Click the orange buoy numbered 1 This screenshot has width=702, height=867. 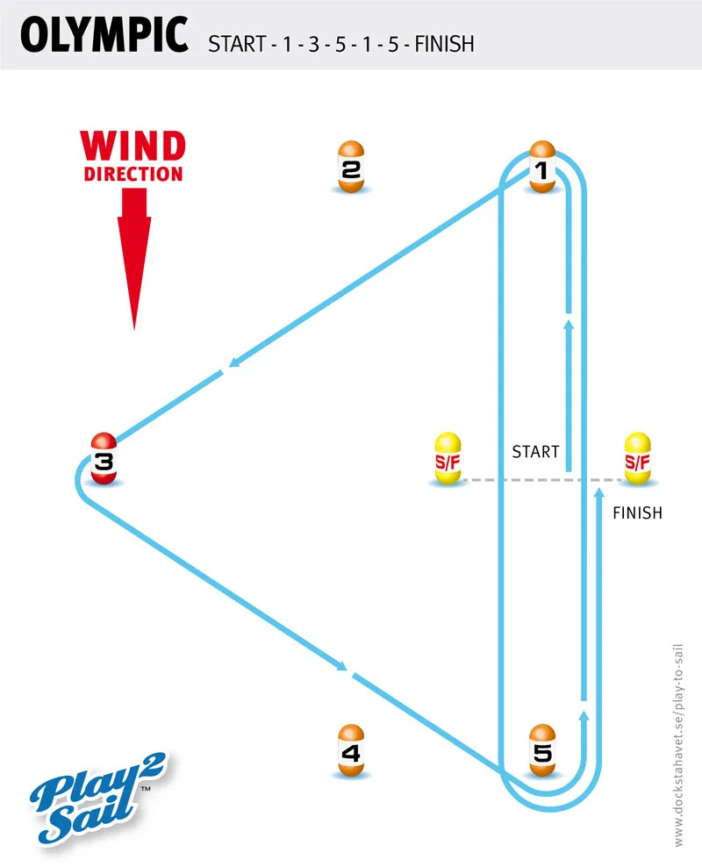(543, 167)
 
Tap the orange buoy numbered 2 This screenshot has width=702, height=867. (350, 167)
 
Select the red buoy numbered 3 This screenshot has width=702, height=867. (104, 459)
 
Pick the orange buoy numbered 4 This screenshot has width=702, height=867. (350, 750)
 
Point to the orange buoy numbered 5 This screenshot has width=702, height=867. (543, 750)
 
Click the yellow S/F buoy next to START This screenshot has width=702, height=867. (448, 459)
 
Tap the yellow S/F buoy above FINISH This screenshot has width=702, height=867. (637, 459)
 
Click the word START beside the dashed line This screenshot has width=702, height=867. (535, 452)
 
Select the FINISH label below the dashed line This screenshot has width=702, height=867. (637, 512)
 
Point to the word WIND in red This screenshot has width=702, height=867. (133, 146)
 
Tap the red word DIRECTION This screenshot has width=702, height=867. (133, 173)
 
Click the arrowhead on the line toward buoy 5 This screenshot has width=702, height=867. (343, 670)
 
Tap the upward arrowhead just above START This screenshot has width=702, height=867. (569, 326)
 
